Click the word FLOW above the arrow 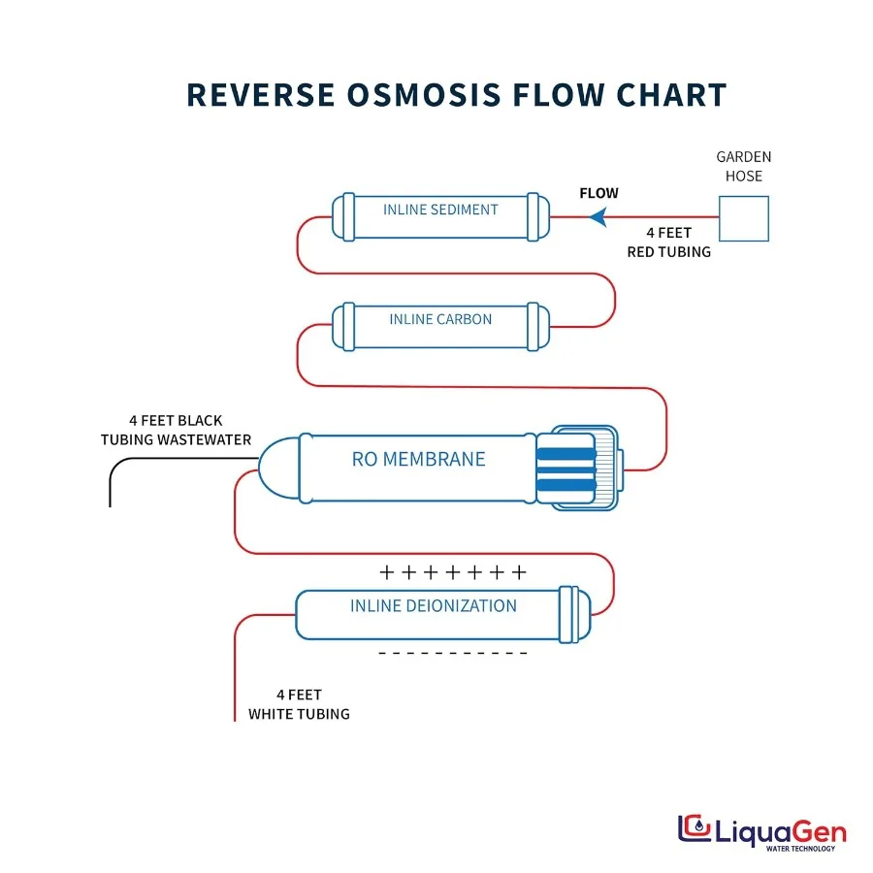pyautogui.click(x=598, y=193)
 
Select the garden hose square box pyautogui.click(x=743, y=219)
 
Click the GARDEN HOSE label pyautogui.click(x=744, y=166)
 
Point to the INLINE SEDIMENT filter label pyautogui.click(x=440, y=210)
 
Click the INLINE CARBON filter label pyautogui.click(x=440, y=319)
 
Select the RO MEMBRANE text pyautogui.click(x=418, y=459)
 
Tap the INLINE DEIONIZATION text pyautogui.click(x=434, y=606)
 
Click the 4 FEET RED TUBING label pyautogui.click(x=668, y=242)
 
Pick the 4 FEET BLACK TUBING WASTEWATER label pyautogui.click(x=176, y=430)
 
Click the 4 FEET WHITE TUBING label pyautogui.click(x=299, y=704)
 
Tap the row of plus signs pyautogui.click(x=453, y=572)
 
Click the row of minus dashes pyautogui.click(x=453, y=653)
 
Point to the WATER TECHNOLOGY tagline pyautogui.click(x=800, y=849)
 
